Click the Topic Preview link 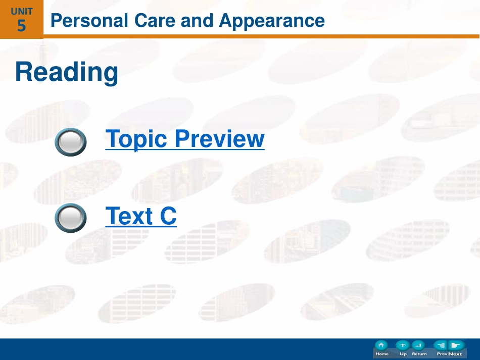[x=185, y=139]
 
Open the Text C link [x=141, y=216]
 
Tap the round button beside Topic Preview [x=71, y=142]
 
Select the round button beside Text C [x=71, y=218]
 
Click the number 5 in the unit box [x=21, y=25]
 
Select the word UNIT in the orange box [x=21, y=12]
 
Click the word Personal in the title [x=89, y=21]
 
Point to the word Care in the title [x=155, y=21]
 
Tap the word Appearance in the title [x=272, y=21]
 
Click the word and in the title [x=197, y=21]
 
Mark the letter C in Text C [x=168, y=216]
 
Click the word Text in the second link [x=129, y=216]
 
